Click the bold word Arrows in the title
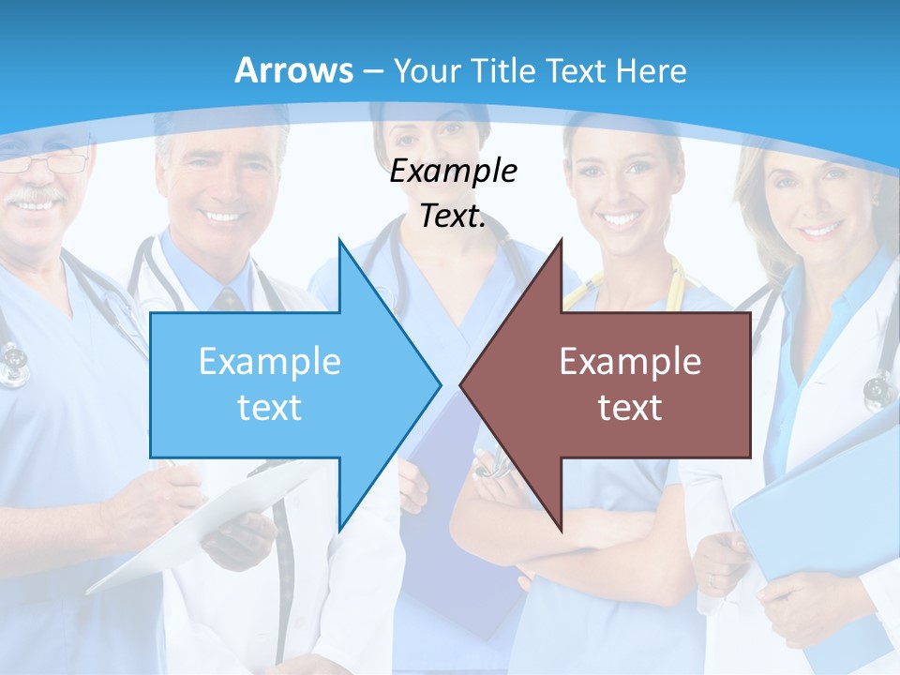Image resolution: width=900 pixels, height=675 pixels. pos(293,70)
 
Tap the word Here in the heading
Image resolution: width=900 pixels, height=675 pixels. pos(651,70)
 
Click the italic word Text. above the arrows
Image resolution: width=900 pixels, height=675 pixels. pos(453,217)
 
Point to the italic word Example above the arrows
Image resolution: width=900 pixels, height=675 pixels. pos(453,172)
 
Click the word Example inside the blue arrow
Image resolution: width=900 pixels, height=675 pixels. pos(269,362)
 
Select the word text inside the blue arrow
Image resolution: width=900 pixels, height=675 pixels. pos(269,407)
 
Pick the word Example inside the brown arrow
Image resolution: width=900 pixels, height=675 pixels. pos(630,362)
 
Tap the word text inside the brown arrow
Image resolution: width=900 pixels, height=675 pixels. pos(630,407)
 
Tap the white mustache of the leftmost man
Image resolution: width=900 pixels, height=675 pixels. pos(37,197)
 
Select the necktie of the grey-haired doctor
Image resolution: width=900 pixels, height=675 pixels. pos(228,299)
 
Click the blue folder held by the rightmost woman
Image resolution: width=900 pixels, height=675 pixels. pos(816,525)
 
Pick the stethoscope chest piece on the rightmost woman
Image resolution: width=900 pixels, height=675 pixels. pos(878,389)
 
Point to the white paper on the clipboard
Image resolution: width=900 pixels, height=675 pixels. pos(206,525)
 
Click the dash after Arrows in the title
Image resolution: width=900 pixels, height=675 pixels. pos(372,71)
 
